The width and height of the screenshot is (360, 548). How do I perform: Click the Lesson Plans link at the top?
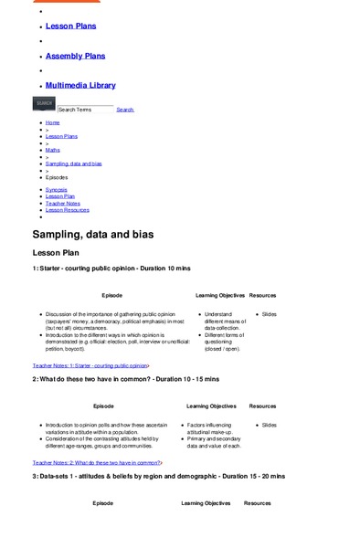[70, 26]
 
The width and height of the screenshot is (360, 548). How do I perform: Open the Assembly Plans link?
[75, 56]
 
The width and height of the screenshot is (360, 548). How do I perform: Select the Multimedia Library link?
[80, 85]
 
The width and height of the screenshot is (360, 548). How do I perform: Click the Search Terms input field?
[85, 109]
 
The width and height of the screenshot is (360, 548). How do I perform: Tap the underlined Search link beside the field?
[125, 110]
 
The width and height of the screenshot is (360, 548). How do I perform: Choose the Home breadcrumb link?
[52, 122]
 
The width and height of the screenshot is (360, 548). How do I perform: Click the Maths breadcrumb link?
[53, 150]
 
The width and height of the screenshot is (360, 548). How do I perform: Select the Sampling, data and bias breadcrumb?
[74, 163]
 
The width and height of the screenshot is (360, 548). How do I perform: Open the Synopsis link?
[56, 189]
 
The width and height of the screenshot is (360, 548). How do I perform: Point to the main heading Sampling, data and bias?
[92, 235]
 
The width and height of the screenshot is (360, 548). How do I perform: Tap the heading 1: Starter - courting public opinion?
[111, 269]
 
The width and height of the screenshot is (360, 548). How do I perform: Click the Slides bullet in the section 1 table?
[269, 314]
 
